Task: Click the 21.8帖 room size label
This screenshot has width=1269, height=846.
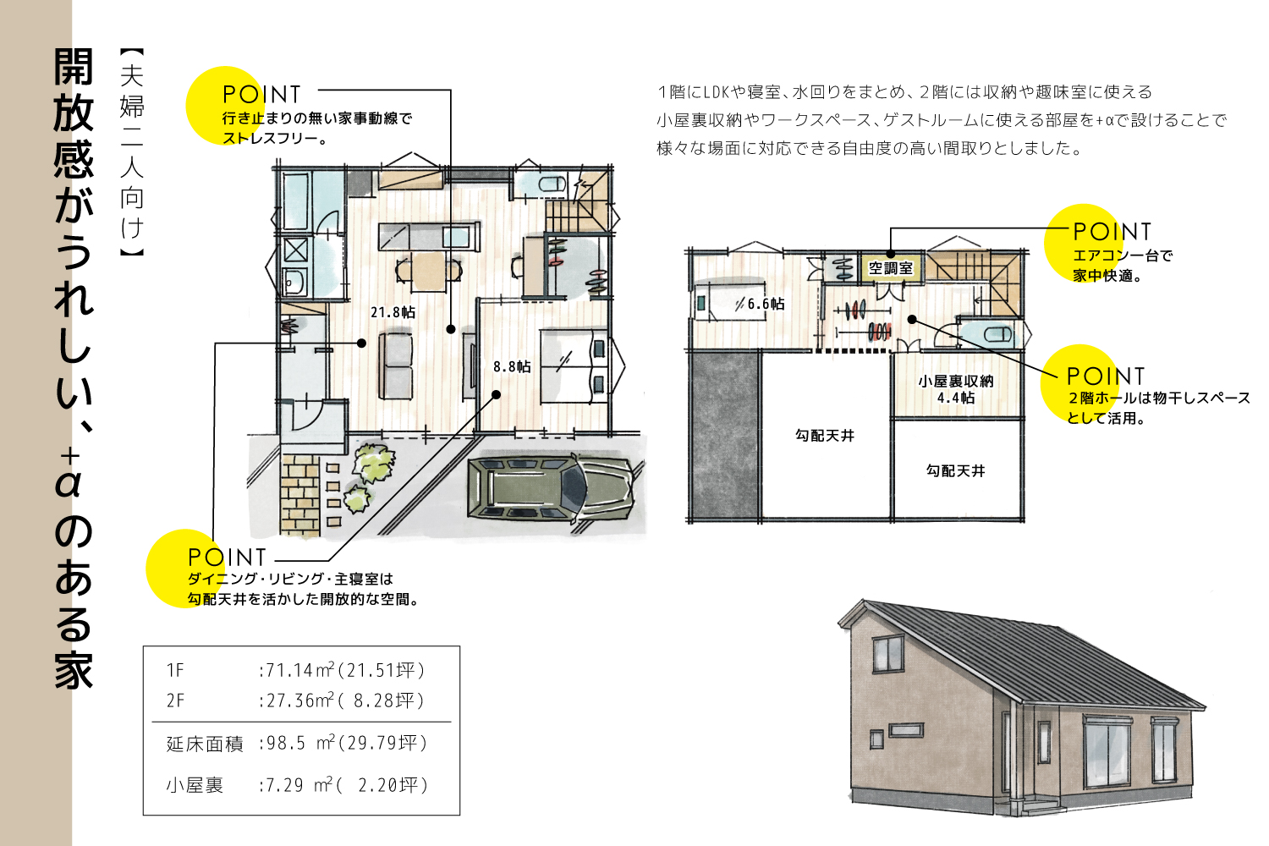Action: (393, 312)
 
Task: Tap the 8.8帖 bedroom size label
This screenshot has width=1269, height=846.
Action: (512, 366)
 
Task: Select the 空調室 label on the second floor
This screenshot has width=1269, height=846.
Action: (891, 268)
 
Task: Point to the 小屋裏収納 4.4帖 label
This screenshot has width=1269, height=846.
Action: (956, 389)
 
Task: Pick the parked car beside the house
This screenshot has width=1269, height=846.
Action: (550, 490)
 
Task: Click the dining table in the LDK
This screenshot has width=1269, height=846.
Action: (429, 270)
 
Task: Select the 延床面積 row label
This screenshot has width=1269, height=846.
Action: (205, 744)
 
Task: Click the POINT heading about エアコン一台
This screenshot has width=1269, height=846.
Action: (1112, 232)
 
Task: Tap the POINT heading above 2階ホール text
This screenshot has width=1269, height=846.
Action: (1105, 376)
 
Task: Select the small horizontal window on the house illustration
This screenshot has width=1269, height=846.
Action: (905, 730)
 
